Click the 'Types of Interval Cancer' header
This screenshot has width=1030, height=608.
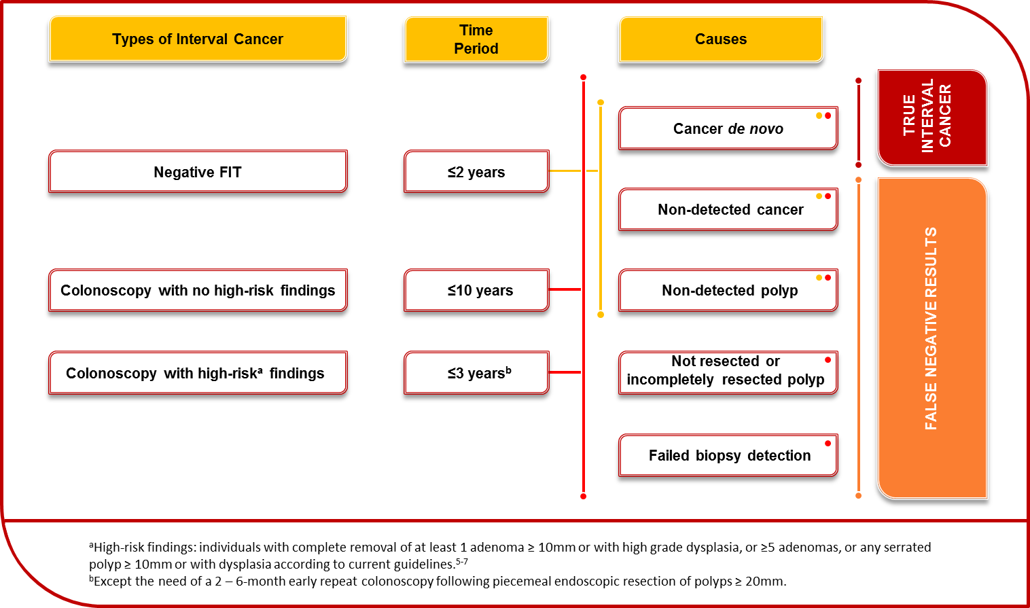[198, 39]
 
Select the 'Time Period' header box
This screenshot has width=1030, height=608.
[476, 39]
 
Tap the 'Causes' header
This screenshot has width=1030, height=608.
[721, 39]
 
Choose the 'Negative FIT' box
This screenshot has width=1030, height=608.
[198, 172]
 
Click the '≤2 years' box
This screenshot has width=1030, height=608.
[476, 172]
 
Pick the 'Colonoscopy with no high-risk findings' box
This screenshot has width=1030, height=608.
[198, 290]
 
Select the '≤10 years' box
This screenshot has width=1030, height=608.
[476, 290]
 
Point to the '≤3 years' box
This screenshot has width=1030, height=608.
[476, 372]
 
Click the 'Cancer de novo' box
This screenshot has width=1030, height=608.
[728, 128]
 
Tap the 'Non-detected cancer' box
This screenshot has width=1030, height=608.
[728, 209]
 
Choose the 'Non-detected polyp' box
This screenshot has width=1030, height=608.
[728, 290]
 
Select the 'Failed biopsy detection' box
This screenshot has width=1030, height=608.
[728, 455]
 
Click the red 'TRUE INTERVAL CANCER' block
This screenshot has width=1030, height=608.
[932, 118]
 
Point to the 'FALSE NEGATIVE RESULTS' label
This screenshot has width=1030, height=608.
[931, 328]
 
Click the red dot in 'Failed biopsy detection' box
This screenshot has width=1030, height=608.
[828, 444]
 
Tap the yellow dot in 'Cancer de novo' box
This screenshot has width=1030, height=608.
[819, 116]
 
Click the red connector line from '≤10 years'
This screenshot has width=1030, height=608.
[565, 289]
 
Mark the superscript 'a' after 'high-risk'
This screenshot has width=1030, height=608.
[260, 370]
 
